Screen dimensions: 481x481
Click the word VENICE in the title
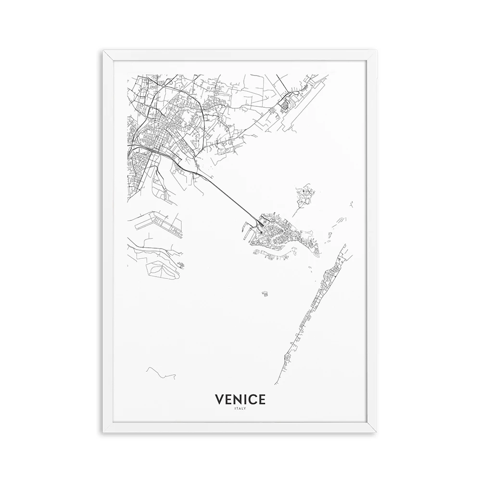point(240,399)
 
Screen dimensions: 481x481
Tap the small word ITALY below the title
point(240,409)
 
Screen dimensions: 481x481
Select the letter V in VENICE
point(219,399)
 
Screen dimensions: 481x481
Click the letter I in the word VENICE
point(245,399)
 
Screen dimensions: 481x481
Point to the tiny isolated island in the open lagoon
point(265,293)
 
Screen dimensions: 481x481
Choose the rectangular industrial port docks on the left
point(159,224)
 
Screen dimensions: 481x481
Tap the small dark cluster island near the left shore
point(180,264)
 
